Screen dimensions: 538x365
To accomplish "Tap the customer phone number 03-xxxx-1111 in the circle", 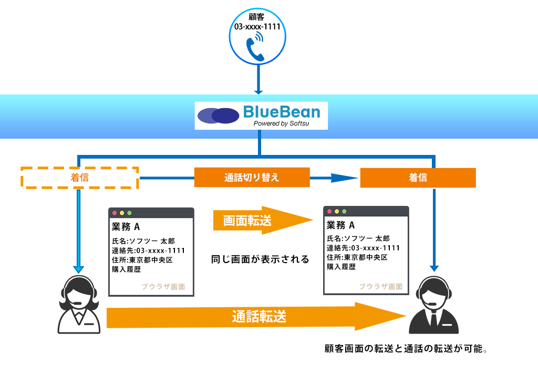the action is pyautogui.click(x=257, y=27).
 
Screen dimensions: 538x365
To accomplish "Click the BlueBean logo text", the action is pyautogui.click(x=282, y=112).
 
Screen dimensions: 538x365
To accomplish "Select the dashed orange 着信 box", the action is pyautogui.click(x=80, y=178).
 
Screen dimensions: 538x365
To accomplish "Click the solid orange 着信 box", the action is pyautogui.click(x=418, y=178).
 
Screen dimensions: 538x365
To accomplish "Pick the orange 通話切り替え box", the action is pyautogui.click(x=252, y=178).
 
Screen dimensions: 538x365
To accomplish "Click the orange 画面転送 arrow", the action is pyautogui.click(x=263, y=220).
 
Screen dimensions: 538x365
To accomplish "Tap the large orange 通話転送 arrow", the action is pyautogui.click(x=256, y=316).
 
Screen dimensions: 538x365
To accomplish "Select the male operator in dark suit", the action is pyautogui.click(x=433, y=305).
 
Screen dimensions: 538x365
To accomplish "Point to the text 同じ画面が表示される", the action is pyautogui.click(x=260, y=259).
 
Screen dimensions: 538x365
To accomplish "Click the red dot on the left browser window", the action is pyautogui.click(x=115, y=213).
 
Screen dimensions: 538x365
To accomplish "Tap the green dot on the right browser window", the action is pyautogui.click(x=344, y=211).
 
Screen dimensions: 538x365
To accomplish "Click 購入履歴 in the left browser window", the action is pyautogui.click(x=126, y=269).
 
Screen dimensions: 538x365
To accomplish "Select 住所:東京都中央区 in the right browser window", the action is pyautogui.click(x=357, y=257).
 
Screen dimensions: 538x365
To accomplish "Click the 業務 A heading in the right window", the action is pyautogui.click(x=340, y=225).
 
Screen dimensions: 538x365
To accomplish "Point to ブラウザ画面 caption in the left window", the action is pyautogui.click(x=163, y=286).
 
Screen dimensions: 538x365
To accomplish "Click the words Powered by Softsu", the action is pyautogui.click(x=282, y=123).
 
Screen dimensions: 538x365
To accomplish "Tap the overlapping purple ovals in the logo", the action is pyautogui.click(x=218, y=116).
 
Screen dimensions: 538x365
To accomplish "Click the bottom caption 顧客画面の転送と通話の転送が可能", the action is pyautogui.click(x=406, y=349).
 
